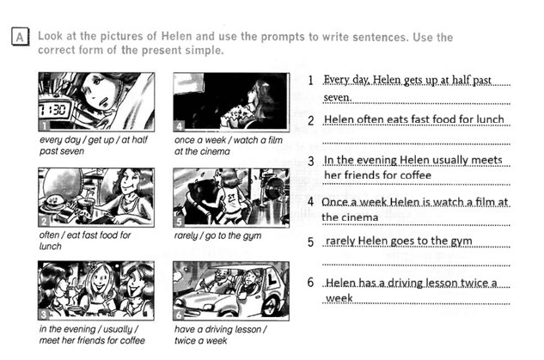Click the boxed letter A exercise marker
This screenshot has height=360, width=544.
pos(20,36)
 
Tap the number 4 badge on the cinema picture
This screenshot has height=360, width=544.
pos(179,126)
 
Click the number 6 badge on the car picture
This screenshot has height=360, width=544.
pos(179,315)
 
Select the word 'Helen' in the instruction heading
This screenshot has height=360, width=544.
pos(176,36)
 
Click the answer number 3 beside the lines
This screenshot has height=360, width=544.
pos(311,162)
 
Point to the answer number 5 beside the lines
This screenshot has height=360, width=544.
pos(311,242)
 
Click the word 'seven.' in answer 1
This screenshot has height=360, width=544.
pos(338,97)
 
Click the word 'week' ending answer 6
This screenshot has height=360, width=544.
pos(339,298)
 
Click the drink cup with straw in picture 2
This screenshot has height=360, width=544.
pos(84,208)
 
